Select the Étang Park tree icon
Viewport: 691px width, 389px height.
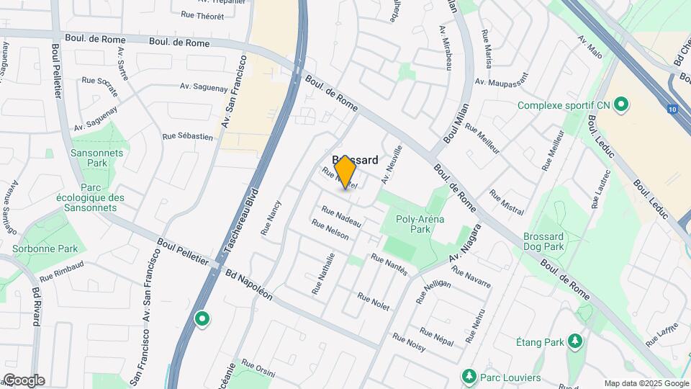point(574,341)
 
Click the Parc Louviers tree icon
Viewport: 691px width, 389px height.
point(469,377)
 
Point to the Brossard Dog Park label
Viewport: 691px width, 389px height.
point(553,241)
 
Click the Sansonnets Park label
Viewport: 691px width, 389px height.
point(96,158)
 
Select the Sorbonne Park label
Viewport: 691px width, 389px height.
point(45,249)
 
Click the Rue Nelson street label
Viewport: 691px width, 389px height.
point(330,230)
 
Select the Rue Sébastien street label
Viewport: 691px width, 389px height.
point(188,135)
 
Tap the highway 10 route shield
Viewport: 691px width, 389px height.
point(672,109)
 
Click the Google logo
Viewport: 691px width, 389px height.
point(23,380)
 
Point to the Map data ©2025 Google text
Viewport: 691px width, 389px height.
point(646,383)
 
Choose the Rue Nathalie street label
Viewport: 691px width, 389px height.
point(323,273)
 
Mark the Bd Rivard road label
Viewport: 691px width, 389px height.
point(36,308)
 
